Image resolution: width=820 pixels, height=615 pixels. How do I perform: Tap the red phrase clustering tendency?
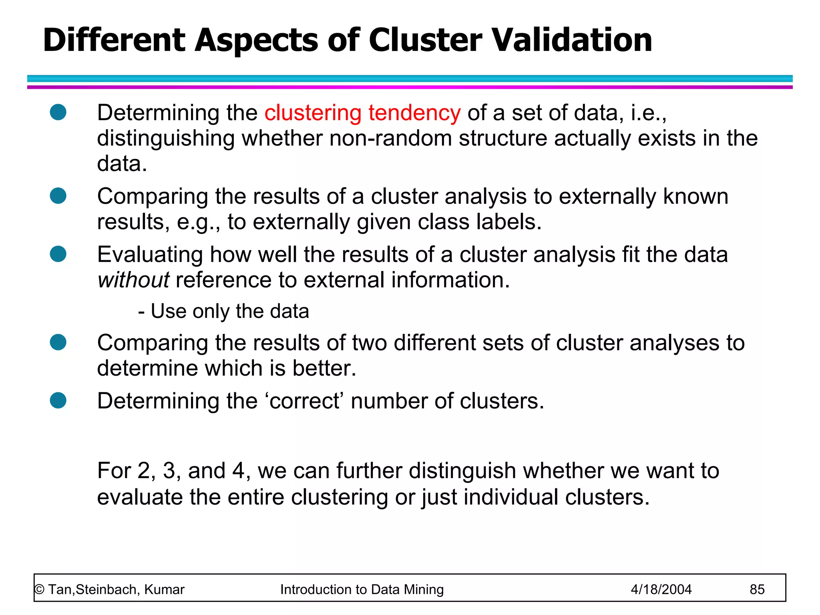point(362,113)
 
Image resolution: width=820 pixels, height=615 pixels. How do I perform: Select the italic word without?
point(133,279)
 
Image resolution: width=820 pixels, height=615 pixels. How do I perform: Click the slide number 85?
point(757,589)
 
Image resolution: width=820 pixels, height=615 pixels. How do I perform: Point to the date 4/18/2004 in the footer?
point(661,589)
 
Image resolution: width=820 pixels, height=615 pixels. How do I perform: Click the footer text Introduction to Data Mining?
point(362,589)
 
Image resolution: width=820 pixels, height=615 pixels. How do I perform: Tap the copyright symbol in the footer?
point(39,589)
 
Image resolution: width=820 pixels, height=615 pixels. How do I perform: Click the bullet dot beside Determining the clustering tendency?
point(58,112)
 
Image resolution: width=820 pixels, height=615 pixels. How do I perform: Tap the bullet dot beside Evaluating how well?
point(58,254)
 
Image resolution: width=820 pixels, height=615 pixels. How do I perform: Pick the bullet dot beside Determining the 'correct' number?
point(58,400)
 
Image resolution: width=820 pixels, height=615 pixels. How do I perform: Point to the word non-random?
point(390,139)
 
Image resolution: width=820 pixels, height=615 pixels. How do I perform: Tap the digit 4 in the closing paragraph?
point(238,471)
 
